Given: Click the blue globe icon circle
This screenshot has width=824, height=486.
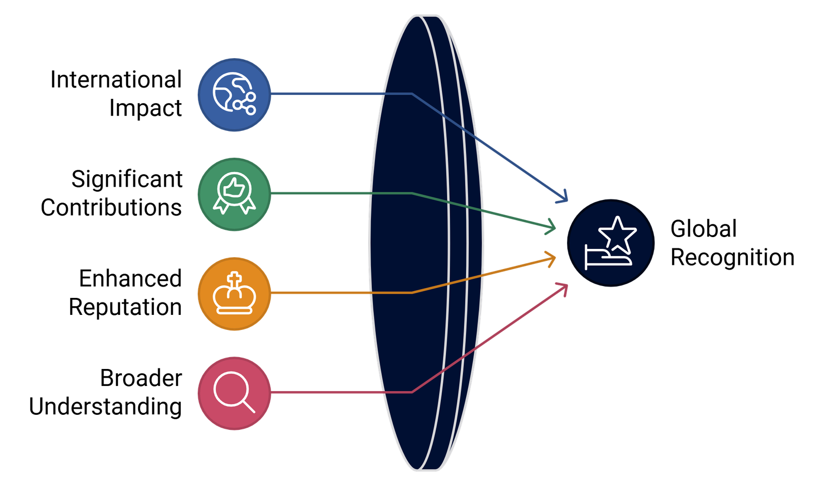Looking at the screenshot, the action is click(x=234, y=95).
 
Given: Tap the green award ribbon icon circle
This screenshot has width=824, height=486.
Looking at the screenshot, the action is click(x=234, y=194).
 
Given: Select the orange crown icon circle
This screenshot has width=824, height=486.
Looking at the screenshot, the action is click(x=234, y=294).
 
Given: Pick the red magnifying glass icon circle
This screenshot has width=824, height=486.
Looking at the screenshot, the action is click(x=234, y=393).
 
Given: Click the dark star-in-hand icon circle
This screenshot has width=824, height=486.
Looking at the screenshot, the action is click(x=611, y=243).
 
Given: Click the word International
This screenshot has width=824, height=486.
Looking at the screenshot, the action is click(x=116, y=79).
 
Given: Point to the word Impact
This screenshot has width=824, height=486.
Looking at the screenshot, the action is click(x=145, y=109).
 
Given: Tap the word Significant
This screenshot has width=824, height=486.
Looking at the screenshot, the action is click(x=127, y=179).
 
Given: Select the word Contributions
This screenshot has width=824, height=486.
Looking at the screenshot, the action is click(x=111, y=208).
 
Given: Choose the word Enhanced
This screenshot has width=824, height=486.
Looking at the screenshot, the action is click(x=130, y=278).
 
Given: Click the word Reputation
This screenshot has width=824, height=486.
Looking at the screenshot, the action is click(x=125, y=308).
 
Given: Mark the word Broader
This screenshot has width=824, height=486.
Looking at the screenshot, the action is click(x=141, y=378).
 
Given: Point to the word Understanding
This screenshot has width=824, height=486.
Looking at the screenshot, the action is click(x=105, y=407).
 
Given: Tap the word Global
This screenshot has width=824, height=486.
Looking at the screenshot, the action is click(x=703, y=229).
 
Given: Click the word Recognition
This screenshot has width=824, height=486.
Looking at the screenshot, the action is click(x=732, y=258).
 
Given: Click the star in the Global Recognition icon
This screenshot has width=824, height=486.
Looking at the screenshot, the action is click(x=617, y=233).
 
